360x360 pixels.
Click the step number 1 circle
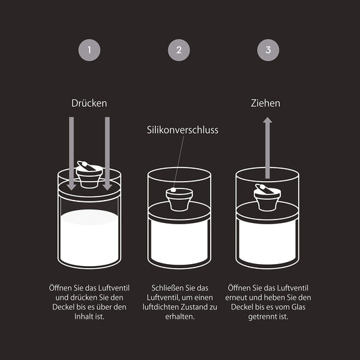[89, 49]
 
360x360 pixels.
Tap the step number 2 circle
[179, 49]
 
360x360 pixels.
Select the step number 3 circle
[267, 49]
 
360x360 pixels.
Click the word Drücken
[89, 103]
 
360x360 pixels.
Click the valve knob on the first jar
[89, 174]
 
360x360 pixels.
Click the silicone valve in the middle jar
[178, 200]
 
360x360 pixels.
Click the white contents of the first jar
[89, 236]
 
